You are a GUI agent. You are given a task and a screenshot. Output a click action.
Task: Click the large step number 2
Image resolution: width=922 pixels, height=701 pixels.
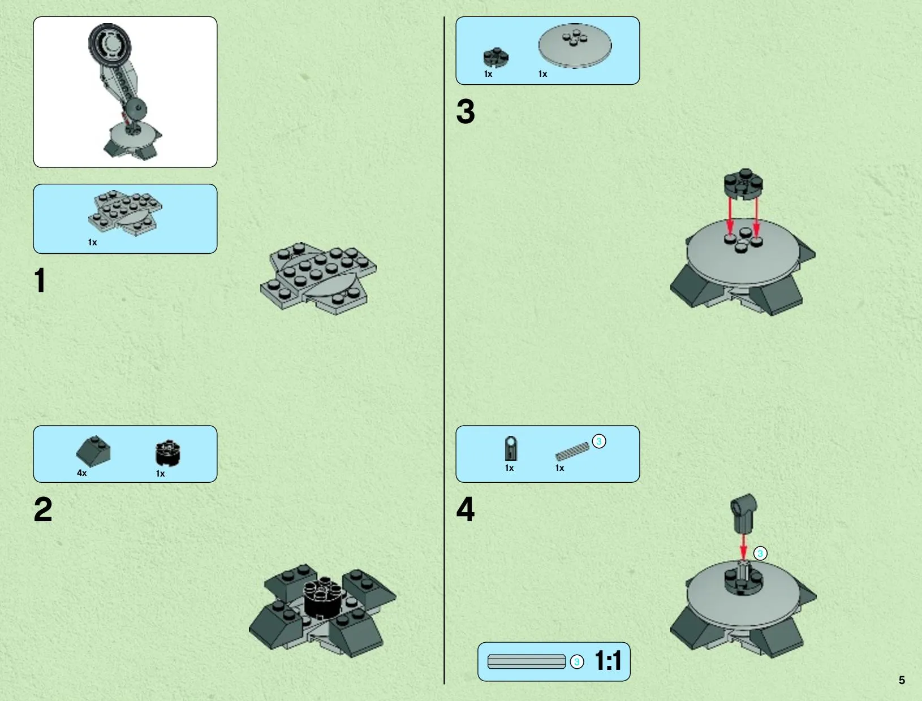point(43,509)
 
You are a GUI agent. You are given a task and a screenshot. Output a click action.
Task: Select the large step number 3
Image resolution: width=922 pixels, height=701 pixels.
point(466,111)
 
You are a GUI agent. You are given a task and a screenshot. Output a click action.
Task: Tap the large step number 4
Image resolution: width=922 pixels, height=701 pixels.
point(466,509)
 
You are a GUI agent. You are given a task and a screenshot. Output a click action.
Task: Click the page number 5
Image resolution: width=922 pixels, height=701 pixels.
point(902,680)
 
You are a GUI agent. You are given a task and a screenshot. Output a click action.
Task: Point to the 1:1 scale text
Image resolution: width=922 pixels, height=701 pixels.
point(608,661)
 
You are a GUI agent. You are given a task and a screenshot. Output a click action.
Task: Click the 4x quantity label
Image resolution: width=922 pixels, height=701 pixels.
point(81,473)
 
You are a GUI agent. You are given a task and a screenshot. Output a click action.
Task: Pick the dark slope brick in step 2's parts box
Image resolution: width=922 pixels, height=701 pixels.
point(93,451)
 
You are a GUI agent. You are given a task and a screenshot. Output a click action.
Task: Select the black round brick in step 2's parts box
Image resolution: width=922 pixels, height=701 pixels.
point(167,453)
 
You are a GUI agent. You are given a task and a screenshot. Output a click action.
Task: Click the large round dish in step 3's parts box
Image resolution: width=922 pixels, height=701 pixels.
point(575,45)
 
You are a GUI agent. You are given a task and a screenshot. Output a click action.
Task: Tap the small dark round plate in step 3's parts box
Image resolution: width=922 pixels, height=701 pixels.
point(496,57)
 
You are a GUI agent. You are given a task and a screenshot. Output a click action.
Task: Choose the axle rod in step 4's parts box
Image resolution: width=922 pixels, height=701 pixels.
point(572,452)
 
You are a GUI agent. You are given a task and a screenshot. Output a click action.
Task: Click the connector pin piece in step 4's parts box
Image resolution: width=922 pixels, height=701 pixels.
point(511,448)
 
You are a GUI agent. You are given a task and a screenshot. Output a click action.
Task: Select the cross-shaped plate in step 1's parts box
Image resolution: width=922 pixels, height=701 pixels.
point(125,213)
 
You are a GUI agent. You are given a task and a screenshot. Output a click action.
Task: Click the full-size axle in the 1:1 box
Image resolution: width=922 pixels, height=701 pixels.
point(526,662)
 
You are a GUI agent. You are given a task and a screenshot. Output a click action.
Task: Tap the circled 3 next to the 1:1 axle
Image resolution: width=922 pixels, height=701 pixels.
point(577,662)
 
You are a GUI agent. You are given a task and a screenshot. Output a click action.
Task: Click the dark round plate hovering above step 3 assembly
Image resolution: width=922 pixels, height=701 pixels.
point(743,184)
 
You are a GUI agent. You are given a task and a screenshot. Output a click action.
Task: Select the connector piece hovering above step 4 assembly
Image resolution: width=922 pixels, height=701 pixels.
point(743,513)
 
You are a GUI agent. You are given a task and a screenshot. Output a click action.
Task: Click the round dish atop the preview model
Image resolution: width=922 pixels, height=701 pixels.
point(110,45)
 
